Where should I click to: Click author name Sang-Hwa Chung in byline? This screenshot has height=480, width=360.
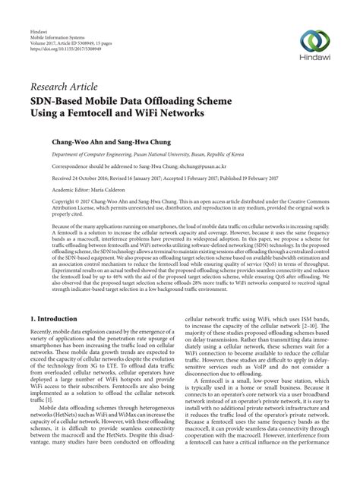149,141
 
